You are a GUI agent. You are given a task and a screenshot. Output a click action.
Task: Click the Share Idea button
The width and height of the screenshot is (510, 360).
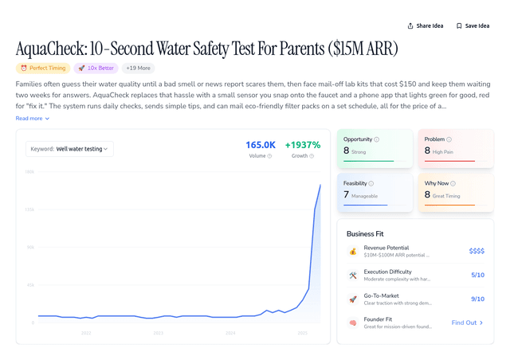click(425, 25)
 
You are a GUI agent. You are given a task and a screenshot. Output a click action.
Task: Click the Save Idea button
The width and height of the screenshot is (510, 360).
click(473, 25)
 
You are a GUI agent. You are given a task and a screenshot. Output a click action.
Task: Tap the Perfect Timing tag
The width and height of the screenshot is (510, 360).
click(42, 68)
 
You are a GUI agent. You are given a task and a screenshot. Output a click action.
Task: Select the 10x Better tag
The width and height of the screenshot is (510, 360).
click(96, 68)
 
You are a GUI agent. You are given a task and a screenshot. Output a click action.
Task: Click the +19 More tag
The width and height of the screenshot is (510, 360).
click(138, 68)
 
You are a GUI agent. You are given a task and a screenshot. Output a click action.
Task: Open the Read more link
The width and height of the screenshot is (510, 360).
click(32, 118)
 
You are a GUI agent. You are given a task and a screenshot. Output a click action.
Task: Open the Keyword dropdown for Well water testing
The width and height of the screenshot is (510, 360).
click(70, 148)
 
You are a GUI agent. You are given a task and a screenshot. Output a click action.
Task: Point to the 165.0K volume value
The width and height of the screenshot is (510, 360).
click(260, 145)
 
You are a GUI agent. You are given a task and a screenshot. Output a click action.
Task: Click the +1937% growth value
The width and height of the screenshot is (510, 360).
click(302, 145)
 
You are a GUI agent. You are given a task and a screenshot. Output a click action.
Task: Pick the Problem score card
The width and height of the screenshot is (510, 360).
click(453, 147)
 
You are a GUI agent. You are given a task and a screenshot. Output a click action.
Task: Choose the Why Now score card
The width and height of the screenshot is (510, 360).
click(453, 192)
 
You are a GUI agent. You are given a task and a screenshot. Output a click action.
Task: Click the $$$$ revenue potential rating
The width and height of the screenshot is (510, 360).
click(476, 251)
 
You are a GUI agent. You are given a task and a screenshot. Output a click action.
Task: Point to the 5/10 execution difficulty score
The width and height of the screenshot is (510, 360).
click(477, 275)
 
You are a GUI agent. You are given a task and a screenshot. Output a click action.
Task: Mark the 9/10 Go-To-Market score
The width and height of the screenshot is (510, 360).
click(477, 299)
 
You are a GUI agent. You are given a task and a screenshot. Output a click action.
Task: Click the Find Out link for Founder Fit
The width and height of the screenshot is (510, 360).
click(467, 323)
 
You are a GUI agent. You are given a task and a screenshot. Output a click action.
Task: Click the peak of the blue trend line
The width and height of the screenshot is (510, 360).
click(320, 185)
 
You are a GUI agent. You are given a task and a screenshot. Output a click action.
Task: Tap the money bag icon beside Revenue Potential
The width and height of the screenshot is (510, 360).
click(352, 251)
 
